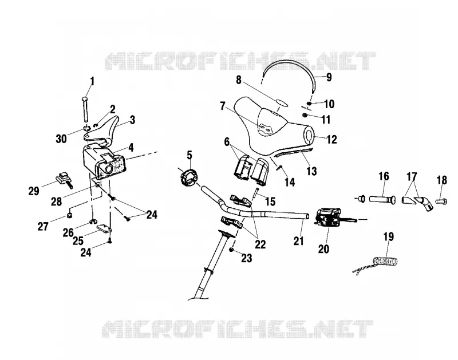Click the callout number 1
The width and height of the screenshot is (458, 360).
coord(92,81)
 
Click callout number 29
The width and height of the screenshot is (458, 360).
coord(34,191)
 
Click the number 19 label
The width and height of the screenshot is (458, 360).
coord(389,236)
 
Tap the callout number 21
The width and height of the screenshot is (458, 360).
coord(298,241)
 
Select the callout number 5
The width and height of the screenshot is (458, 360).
coord(189,155)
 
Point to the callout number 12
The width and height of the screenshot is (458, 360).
coord(331,139)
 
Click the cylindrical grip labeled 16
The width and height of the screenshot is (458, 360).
coord(381,199)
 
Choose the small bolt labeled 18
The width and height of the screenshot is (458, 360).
coord(441,201)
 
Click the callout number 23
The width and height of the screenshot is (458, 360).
coord(246,258)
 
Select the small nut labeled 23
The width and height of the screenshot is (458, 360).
coord(231,250)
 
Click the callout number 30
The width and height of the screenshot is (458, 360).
coord(61,139)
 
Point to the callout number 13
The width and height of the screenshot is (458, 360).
coord(311,171)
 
